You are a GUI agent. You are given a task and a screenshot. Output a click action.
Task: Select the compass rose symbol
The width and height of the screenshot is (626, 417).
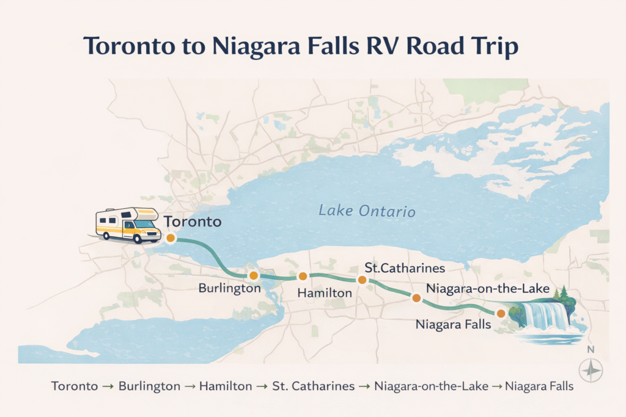(590, 370)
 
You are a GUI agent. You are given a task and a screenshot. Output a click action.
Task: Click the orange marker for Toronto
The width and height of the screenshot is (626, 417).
(171, 238)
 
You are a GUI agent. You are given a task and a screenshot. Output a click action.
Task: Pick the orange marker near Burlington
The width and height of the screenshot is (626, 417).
(254, 275)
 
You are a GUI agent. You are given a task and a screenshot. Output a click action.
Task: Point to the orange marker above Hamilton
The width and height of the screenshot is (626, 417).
(302, 276)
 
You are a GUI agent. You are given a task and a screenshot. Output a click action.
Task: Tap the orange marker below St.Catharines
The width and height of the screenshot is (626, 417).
(362, 280)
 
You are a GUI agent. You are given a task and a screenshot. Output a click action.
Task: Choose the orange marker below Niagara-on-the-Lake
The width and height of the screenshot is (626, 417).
(416, 298)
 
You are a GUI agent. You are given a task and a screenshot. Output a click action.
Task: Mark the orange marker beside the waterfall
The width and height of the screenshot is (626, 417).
(501, 313)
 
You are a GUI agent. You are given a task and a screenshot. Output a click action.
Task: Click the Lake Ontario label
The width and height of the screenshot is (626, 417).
(367, 212)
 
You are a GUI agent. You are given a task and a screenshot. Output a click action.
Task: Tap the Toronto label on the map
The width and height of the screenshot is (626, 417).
(192, 222)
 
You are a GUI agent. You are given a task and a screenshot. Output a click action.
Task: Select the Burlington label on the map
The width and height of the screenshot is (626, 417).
(230, 288)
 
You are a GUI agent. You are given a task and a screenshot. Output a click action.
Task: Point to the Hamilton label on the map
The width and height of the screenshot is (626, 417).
(325, 293)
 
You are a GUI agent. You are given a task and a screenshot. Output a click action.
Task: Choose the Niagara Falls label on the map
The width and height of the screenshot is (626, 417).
(453, 324)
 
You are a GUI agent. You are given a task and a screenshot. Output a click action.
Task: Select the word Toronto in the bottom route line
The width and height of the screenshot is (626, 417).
(75, 386)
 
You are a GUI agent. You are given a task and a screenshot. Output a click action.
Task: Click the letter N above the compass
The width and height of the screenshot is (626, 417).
(590, 350)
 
